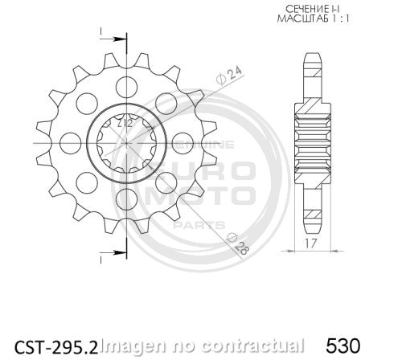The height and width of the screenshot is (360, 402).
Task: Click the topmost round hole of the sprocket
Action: click(x=126, y=85)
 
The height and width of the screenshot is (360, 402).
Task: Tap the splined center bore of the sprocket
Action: click(x=126, y=143)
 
